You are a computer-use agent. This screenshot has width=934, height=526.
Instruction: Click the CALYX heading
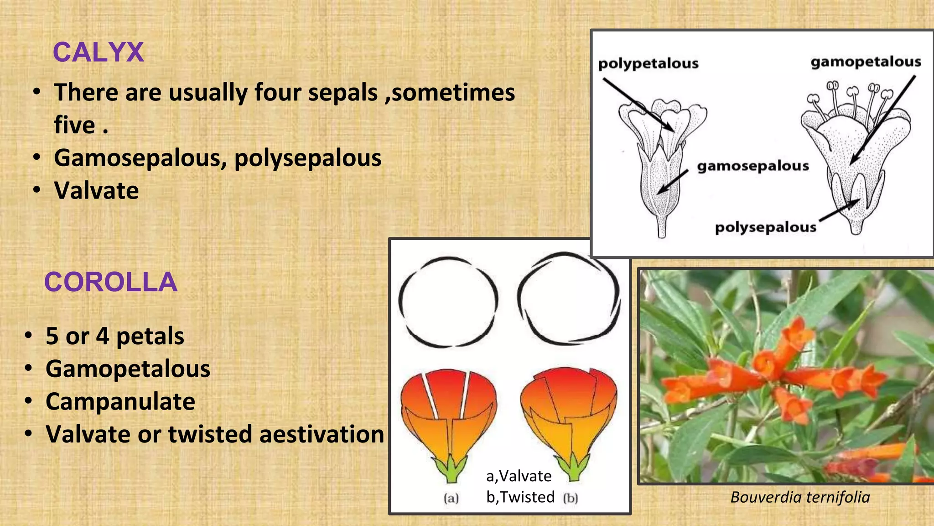coord(98,52)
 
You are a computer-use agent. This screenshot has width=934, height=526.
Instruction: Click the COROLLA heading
coord(110,282)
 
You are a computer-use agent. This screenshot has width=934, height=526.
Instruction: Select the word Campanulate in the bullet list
coord(120,401)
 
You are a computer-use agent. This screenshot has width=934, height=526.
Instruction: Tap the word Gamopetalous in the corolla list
coord(128,368)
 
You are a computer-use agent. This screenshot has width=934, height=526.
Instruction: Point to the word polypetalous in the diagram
coord(648,63)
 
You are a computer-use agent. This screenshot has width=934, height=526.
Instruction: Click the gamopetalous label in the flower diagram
coord(866,62)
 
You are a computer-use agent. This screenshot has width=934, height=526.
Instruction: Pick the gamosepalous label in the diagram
coord(752,166)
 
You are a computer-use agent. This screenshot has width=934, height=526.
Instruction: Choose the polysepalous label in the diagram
coord(765,227)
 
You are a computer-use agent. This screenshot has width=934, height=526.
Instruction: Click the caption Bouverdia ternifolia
coord(800,497)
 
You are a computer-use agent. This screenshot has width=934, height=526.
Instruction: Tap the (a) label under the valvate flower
coord(451,498)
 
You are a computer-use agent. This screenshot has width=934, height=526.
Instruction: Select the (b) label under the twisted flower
coord(570,498)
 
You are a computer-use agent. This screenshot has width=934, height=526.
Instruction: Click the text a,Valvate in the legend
coord(519,476)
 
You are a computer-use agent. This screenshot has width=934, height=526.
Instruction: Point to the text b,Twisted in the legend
coord(520,497)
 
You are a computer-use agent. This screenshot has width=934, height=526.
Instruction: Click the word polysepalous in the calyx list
coord(308,158)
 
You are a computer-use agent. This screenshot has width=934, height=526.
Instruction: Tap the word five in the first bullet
coord(75,125)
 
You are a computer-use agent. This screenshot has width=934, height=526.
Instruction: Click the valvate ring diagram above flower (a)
coord(448,302)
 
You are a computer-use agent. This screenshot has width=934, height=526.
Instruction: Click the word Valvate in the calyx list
coord(96,190)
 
